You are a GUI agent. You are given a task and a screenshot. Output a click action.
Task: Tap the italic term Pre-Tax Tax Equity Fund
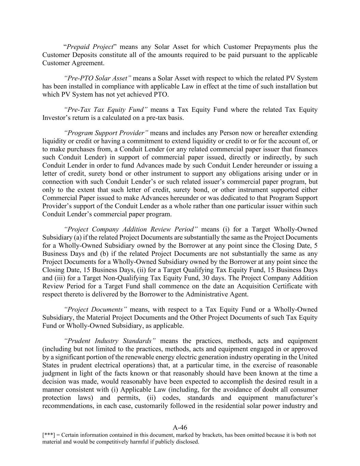[x=106, y=110]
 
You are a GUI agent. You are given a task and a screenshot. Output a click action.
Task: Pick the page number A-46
[x=180, y=427]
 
